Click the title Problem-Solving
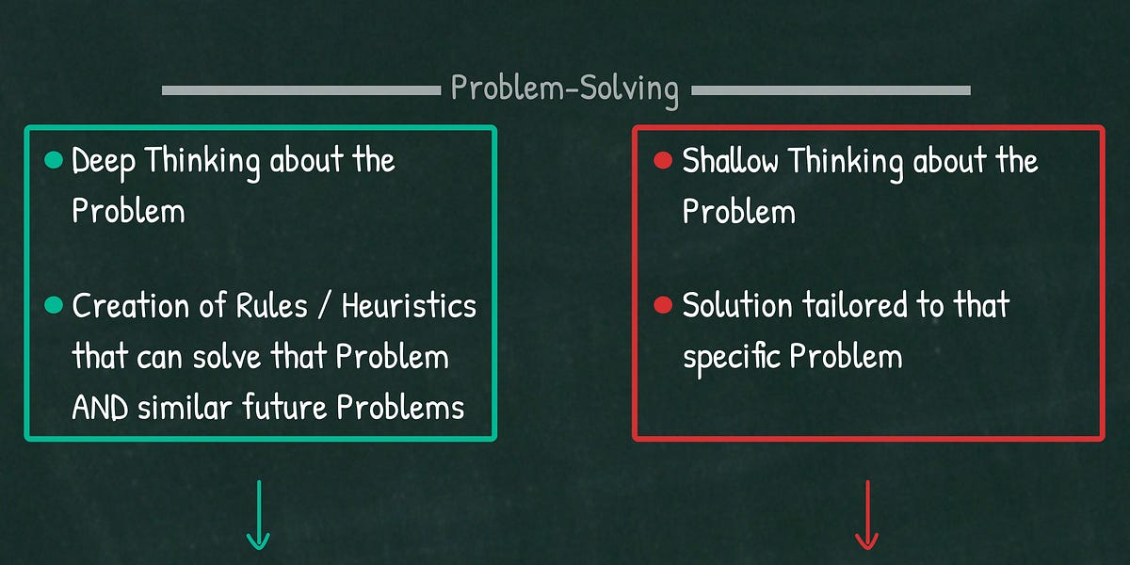pyautogui.click(x=564, y=89)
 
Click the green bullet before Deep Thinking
pyautogui.click(x=54, y=161)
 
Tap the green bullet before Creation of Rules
pyautogui.click(x=54, y=306)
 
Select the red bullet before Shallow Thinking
pyautogui.click(x=662, y=161)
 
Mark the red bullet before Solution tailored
pyautogui.click(x=662, y=306)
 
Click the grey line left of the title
pyautogui.click(x=301, y=90)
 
